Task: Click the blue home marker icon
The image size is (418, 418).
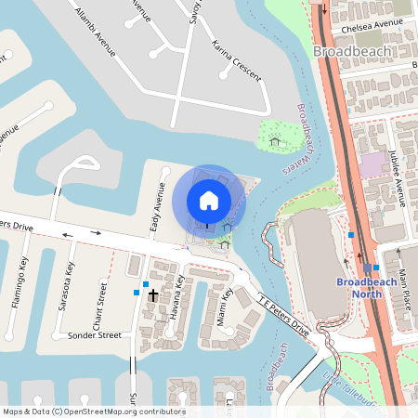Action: point(209,201)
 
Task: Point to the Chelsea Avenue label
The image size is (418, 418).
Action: point(370,21)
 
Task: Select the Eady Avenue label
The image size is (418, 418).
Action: point(156,208)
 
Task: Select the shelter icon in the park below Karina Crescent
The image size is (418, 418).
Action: point(274,142)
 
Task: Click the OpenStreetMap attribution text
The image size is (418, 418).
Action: point(93,411)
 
